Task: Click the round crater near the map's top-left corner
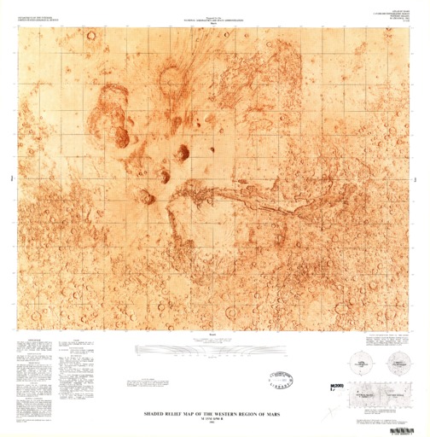point(91,36)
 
